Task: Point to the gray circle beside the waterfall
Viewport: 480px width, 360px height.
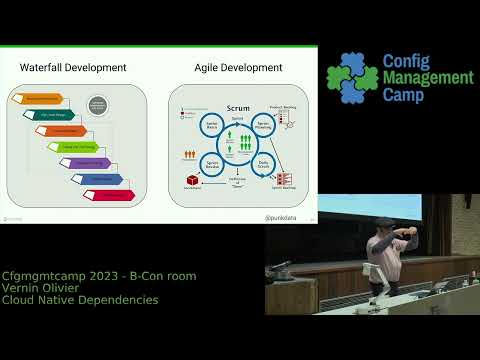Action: click(99, 105)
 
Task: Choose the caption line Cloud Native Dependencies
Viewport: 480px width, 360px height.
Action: click(80, 300)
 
